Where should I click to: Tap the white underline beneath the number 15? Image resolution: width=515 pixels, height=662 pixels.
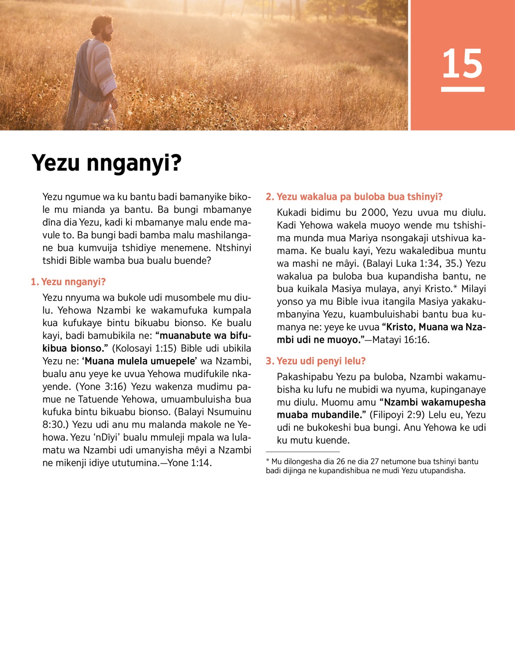463,89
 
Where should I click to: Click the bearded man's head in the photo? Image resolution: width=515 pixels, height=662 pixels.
103,28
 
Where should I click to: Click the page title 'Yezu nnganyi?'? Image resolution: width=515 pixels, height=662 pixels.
107,163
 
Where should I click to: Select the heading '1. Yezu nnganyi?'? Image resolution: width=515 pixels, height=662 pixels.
68,282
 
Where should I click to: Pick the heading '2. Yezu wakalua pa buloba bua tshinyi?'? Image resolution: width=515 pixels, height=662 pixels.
354,197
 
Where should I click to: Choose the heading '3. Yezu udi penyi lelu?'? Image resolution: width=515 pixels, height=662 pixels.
315,361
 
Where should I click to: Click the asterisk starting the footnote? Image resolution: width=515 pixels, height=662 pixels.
267,460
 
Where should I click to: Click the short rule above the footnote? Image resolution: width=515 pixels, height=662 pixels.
303,452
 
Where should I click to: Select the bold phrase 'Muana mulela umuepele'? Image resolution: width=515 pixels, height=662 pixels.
140,361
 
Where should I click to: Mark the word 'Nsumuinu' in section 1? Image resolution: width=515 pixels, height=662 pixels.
229,412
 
